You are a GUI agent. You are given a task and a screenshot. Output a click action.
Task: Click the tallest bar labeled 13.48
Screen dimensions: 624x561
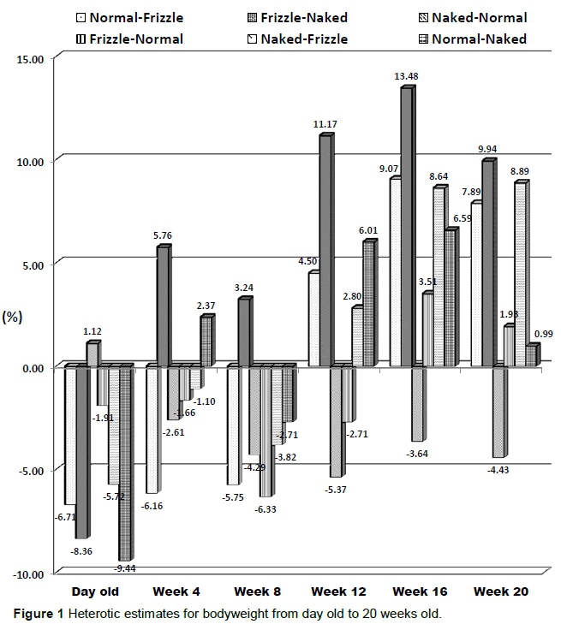coord(407,227)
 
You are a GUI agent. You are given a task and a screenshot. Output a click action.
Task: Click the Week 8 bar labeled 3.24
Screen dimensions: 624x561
coord(244,332)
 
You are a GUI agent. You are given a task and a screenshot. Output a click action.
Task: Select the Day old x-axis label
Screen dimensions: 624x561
coord(95,591)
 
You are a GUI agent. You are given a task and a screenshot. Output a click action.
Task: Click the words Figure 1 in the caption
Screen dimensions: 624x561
coord(35,613)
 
